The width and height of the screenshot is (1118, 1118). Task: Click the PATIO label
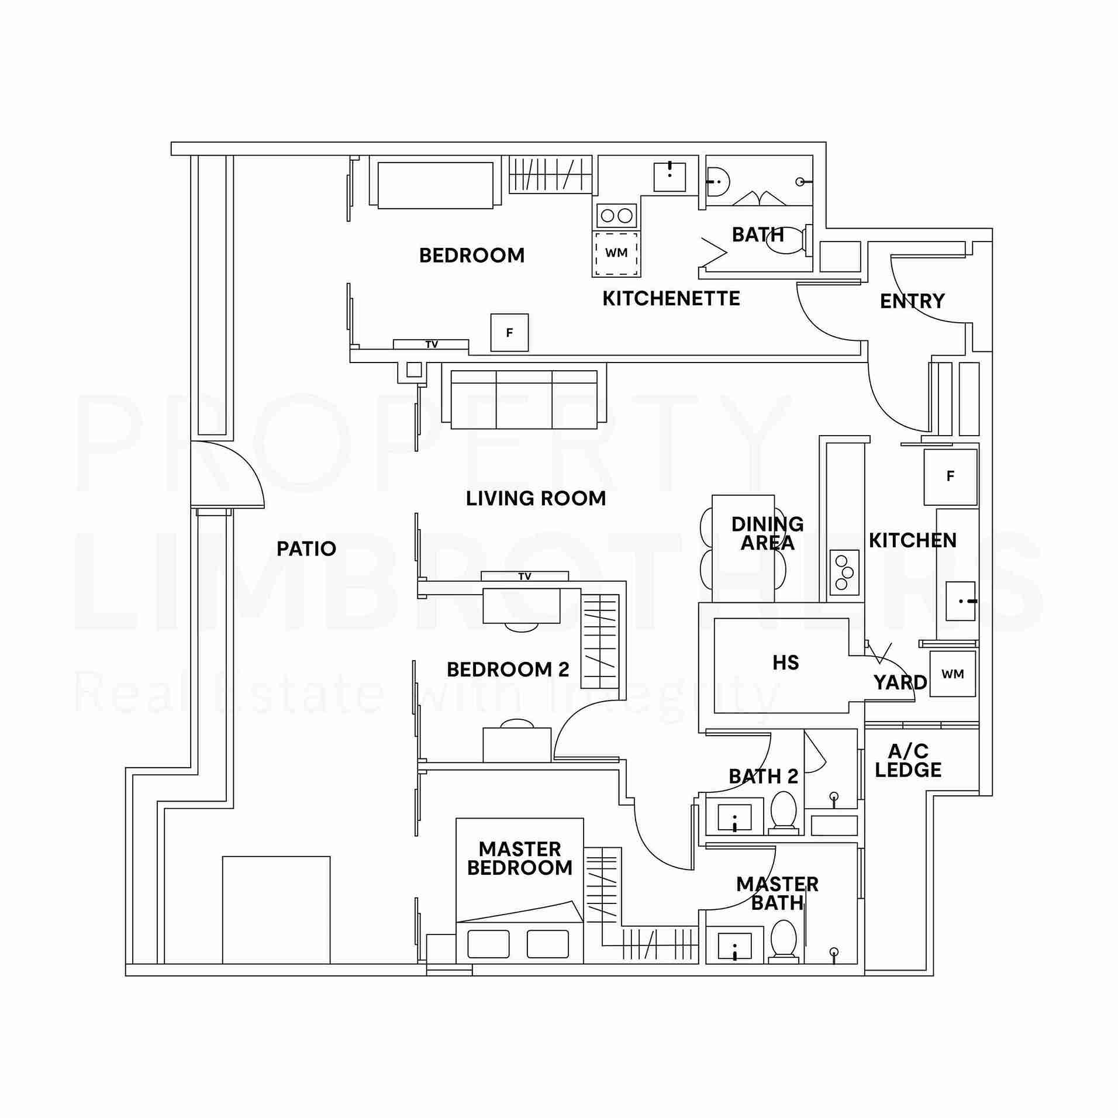point(306,548)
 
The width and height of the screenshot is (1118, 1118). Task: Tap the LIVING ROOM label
point(536,498)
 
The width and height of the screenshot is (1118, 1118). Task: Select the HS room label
point(785,662)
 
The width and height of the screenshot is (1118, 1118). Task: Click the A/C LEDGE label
point(908,760)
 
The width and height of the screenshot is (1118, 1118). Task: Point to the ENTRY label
point(912,301)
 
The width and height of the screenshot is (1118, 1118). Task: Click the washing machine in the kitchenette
point(616,253)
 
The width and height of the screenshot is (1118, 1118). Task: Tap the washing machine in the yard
point(953,674)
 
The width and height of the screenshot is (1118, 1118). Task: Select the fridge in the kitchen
point(950,477)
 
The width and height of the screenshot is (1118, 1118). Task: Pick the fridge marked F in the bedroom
point(509,333)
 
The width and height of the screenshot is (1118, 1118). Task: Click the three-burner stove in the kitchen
point(844,572)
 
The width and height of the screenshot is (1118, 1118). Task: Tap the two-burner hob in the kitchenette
point(616,215)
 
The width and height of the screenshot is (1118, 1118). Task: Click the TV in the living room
point(525,576)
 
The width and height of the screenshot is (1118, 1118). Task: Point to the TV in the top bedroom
point(431,344)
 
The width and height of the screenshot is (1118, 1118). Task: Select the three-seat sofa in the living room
point(524,400)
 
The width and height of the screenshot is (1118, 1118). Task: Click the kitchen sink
point(961,601)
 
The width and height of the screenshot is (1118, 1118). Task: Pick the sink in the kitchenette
point(670,177)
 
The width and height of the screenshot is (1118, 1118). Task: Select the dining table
point(743,548)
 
